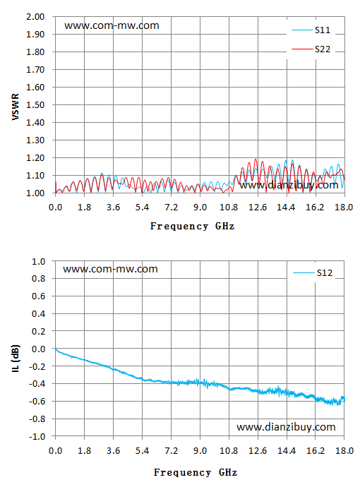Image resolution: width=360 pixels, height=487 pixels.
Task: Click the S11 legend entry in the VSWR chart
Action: click(x=311, y=30)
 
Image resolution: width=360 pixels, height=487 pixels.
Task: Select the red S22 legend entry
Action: click(x=311, y=49)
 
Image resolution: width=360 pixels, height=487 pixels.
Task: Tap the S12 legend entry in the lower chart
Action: click(x=313, y=273)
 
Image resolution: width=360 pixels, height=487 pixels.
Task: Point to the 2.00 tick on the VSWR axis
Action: click(x=35, y=17)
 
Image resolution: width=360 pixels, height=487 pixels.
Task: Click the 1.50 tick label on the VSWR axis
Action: click(x=35, y=105)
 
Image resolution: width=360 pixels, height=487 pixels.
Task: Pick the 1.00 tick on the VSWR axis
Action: click(x=35, y=193)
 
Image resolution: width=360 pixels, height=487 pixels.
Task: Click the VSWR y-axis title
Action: click(x=16, y=107)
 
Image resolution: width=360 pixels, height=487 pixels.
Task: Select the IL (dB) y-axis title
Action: click(x=16, y=358)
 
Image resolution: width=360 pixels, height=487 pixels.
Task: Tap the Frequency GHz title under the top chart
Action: click(x=192, y=226)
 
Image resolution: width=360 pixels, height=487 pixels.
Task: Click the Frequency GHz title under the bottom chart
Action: click(x=196, y=472)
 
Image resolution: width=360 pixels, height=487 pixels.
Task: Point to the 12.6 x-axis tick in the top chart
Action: click(x=258, y=208)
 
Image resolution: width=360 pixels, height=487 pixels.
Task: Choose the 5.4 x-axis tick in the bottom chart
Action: click(x=143, y=451)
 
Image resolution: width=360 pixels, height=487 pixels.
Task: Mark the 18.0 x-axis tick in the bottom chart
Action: click(x=344, y=451)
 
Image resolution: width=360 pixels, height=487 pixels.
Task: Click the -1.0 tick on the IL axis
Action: click(x=37, y=437)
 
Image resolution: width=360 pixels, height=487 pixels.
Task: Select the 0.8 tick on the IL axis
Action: click(x=39, y=279)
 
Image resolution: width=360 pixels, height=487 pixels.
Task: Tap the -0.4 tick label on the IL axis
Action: click(x=37, y=384)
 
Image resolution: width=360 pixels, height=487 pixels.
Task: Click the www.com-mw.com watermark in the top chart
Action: click(x=112, y=25)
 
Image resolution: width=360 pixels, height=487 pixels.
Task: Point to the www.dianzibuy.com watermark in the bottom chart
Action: click(x=286, y=427)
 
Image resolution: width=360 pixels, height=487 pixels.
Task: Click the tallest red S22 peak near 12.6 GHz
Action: click(x=256, y=160)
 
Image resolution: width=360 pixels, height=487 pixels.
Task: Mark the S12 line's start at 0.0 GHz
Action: click(x=56, y=349)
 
